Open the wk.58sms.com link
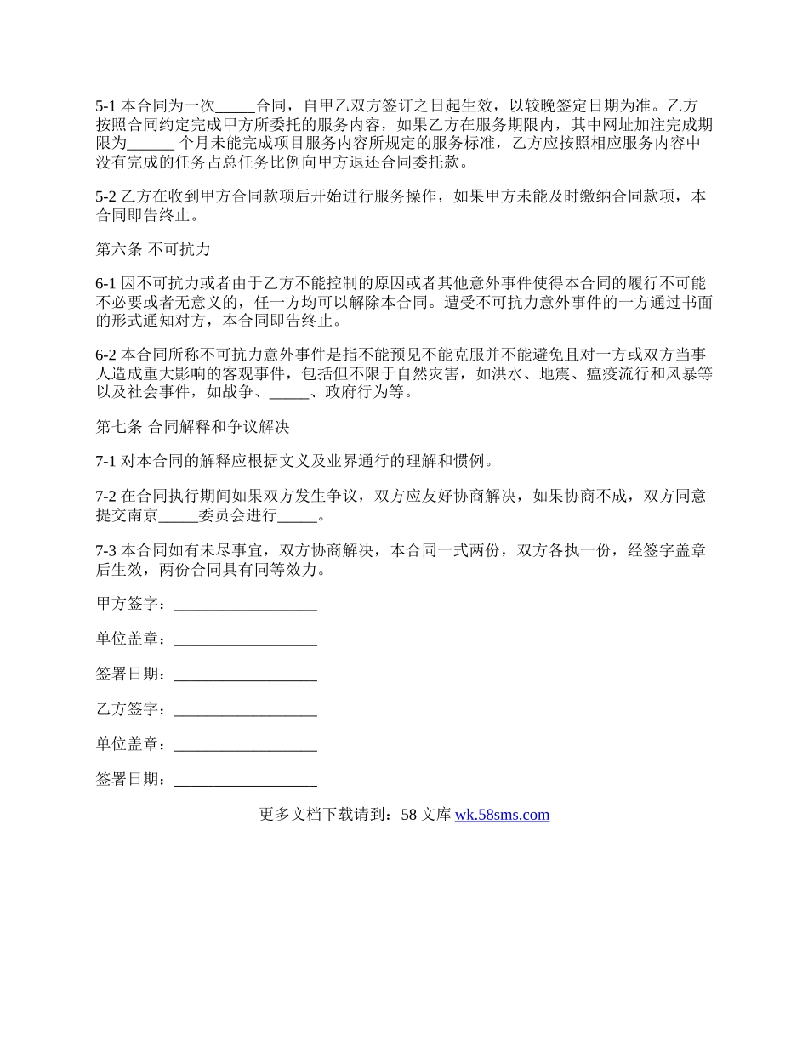(502, 815)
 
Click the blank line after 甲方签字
(245, 605)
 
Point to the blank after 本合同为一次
(235, 106)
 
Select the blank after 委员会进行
(296, 515)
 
